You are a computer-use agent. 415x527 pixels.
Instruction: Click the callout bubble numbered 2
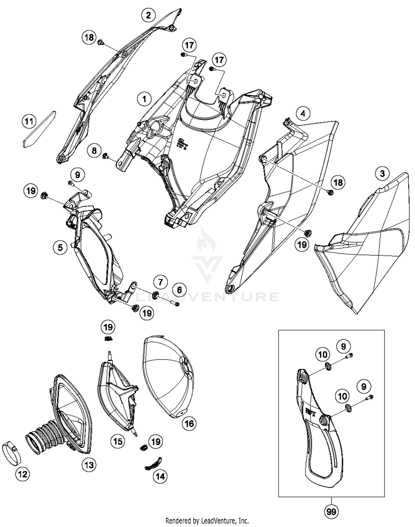tap(149, 15)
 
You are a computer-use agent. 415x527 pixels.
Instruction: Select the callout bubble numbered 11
tap(29, 121)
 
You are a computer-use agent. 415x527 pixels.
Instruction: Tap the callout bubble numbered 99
tap(331, 512)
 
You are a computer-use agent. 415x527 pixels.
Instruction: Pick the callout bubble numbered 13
tap(89, 465)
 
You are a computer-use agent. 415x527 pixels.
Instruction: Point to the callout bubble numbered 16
tap(189, 423)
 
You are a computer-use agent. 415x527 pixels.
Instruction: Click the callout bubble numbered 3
tap(382, 174)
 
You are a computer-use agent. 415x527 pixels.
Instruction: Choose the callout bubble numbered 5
tap(60, 247)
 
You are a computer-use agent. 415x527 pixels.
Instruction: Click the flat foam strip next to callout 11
tap(39, 129)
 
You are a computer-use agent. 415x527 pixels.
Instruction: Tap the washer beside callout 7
tap(155, 294)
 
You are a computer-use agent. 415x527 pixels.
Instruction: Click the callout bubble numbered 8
tap(94, 151)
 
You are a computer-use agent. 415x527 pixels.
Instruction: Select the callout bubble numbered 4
tap(303, 113)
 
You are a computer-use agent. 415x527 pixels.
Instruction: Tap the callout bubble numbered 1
tap(144, 99)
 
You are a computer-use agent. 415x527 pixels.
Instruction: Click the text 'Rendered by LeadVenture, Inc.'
tap(207, 521)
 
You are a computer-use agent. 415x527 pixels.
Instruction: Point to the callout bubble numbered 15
tap(118, 441)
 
